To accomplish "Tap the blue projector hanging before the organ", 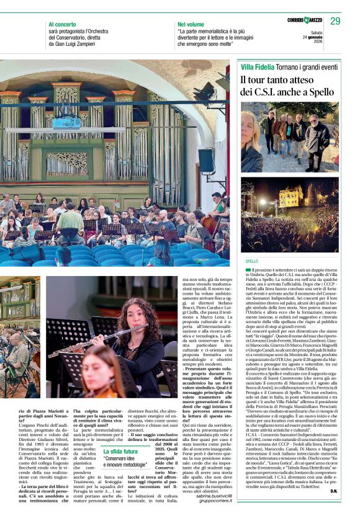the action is (66, 122).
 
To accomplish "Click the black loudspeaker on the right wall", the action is (205, 163).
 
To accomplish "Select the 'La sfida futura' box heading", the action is (121, 452).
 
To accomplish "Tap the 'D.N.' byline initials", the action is (334, 508).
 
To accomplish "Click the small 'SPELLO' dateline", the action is (252, 262).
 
